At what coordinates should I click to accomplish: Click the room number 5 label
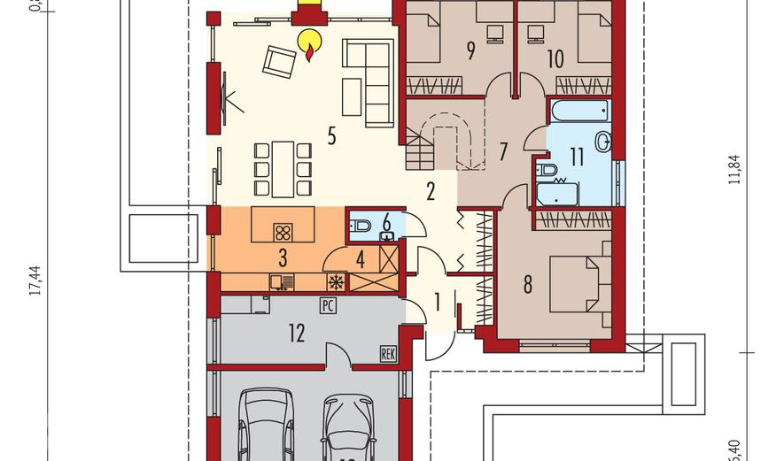[331, 136]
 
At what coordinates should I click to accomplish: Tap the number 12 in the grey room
[296, 333]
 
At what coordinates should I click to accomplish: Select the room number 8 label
[528, 285]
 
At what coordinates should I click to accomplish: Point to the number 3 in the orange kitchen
[283, 258]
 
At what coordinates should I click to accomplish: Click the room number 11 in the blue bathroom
[577, 158]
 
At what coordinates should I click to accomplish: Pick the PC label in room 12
[327, 306]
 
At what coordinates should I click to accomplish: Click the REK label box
[387, 353]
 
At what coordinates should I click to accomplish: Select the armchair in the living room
[279, 62]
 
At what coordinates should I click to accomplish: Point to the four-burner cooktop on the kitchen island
[284, 232]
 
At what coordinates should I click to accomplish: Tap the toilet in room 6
[361, 227]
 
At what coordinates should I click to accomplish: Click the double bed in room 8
[578, 284]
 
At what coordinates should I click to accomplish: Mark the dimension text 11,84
[733, 168]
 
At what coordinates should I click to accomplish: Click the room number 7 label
[502, 151]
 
